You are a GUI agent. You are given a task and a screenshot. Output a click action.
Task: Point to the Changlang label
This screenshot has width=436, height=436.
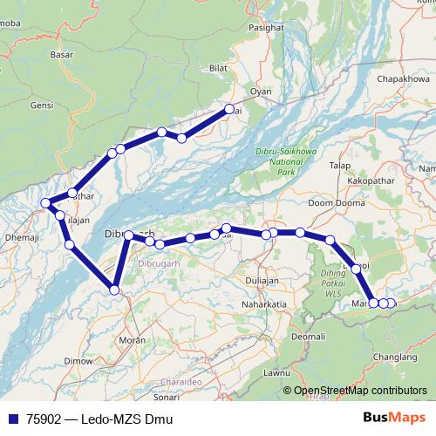[392, 356]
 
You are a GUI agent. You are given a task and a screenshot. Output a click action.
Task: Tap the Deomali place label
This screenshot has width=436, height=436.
[308, 336]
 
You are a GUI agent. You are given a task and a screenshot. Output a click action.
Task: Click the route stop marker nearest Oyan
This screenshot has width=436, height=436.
[229, 109]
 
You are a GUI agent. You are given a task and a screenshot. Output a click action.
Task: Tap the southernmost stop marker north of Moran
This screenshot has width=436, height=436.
[114, 290]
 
